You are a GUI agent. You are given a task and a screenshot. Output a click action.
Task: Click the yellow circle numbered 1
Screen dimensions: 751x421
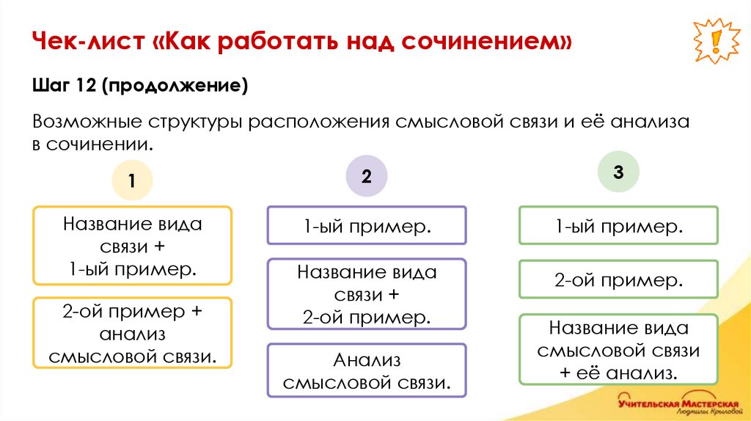(132, 180)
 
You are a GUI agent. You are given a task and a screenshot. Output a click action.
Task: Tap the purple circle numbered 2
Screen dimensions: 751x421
(366, 176)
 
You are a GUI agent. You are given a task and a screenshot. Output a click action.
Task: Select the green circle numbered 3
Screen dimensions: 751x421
(618, 172)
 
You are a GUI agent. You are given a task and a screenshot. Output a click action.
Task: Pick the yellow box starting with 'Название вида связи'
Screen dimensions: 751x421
(132, 246)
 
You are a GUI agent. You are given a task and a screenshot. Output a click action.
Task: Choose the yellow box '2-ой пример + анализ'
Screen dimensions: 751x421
(132, 333)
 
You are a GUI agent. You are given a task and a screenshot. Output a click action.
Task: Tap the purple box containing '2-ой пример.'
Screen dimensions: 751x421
(366, 294)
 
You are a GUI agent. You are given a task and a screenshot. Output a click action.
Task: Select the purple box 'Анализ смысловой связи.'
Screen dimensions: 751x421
(366, 370)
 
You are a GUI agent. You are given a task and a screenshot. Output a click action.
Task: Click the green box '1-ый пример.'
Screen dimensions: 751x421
(618, 225)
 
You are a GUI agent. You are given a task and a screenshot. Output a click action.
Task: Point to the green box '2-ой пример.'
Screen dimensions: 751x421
(618, 279)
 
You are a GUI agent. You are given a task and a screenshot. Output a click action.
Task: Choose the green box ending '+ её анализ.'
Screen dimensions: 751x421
(618, 349)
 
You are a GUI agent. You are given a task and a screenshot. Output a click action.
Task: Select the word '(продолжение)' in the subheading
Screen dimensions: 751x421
(175, 87)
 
